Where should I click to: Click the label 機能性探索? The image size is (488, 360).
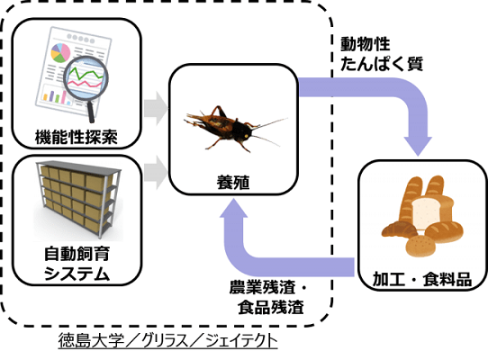point(77,137)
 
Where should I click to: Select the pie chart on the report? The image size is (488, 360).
point(60,53)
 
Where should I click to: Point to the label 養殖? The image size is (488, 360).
point(233,182)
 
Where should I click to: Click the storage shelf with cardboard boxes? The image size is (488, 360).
point(78,199)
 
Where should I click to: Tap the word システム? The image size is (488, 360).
point(77,274)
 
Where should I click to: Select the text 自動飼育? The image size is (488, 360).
point(77,254)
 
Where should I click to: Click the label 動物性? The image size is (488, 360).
point(365,43)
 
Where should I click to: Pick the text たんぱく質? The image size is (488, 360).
point(382,64)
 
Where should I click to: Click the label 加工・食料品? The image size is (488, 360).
point(422,278)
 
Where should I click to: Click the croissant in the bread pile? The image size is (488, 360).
point(400,229)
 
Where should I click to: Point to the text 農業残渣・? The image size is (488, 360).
point(268,287)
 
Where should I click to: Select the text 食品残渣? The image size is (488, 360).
point(271,307)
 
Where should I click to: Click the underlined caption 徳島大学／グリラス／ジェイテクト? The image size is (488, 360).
point(167,341)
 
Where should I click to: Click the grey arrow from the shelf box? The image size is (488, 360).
point(156,173)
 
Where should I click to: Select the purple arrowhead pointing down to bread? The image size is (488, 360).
point(418,146)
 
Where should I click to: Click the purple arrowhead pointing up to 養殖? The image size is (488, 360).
point(233,208)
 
